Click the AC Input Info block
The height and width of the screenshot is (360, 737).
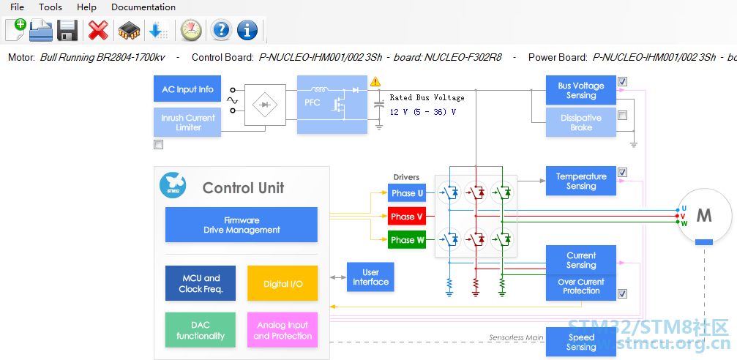(187, 89)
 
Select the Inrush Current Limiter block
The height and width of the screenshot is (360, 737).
(187, 122)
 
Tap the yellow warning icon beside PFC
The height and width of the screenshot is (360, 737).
(375, 81)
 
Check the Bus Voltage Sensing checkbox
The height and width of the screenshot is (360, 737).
(622, 81)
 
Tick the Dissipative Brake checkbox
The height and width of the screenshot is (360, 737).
(622, 115)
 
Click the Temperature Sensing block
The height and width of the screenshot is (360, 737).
(581, 181)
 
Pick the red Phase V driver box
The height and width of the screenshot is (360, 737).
(407, 217)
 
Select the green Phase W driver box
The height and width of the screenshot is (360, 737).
(407, 240)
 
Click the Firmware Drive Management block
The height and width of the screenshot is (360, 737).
(242, 225)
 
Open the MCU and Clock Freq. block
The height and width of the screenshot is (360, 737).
(201, 283)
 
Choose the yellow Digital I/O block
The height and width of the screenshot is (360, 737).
(283, 283)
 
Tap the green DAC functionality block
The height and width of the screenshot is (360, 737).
(201, 330)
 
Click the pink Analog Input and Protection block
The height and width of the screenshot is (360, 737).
(283, 330)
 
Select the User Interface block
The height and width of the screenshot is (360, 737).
(370, 277)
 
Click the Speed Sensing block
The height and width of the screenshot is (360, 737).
(581, 342)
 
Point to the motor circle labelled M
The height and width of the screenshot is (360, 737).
(703, 216)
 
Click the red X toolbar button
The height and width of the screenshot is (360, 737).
(98, 31)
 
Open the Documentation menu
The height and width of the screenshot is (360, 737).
(143, 7)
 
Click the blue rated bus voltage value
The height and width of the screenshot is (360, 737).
(422, 112)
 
